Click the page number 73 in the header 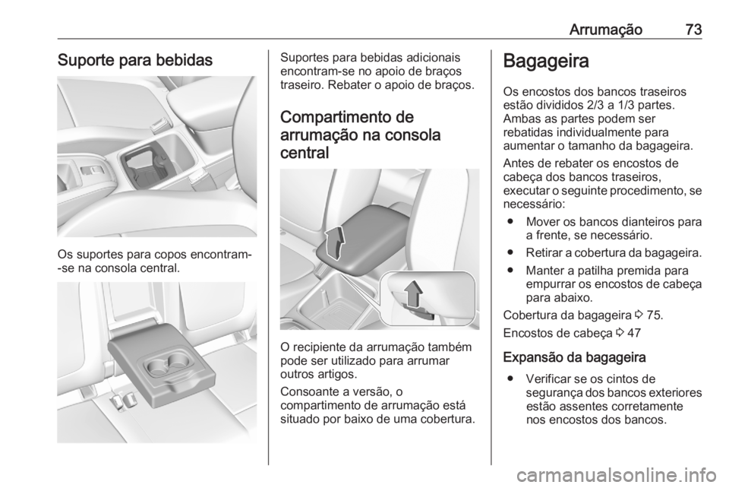[x=692, y=30]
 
